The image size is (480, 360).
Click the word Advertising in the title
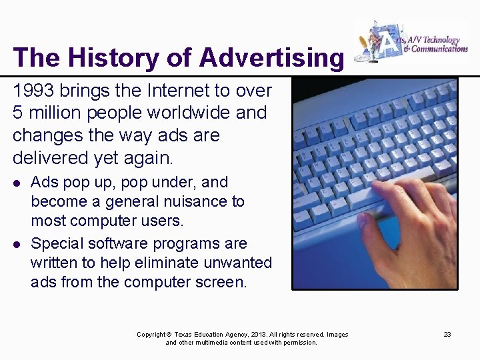(271, 57)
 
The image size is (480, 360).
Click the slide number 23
(447, 334)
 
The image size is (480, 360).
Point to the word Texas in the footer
(185, 335)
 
